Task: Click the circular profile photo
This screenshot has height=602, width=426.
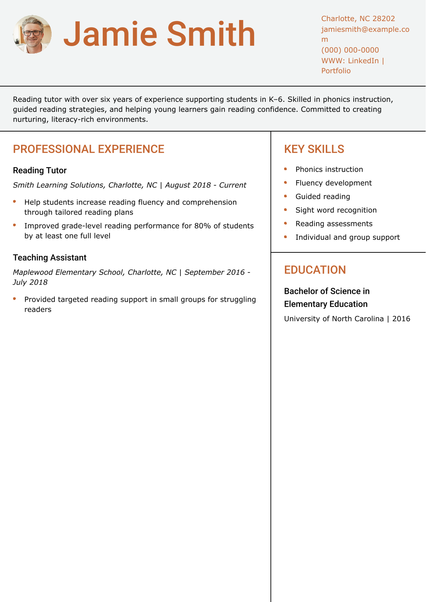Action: [32, 34]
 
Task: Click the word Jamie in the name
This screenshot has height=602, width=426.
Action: [110, 34]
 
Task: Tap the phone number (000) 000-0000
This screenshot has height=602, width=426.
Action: [350, 50]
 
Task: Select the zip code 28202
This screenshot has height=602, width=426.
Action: [383, 19]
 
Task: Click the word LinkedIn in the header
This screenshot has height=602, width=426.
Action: [363, 61]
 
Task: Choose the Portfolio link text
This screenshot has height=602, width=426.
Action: [336, 71]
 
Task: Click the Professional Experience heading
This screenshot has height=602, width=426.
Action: [88, 149]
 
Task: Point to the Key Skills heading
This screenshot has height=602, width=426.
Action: [314, 149]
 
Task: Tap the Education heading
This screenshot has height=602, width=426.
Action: [315, 270]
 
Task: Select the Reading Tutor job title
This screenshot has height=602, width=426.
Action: [40, 171]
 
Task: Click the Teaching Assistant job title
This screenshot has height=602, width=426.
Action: [50, 258]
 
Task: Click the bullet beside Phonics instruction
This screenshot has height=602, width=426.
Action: [286, 169]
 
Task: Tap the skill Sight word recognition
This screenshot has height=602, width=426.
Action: [336, 210]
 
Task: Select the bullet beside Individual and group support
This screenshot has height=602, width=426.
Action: [286, 237]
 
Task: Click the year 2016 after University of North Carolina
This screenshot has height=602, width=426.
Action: [401, 319]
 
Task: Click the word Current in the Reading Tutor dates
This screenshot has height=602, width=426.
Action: [233, 185]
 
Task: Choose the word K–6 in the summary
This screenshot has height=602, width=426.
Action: [276, 99]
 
